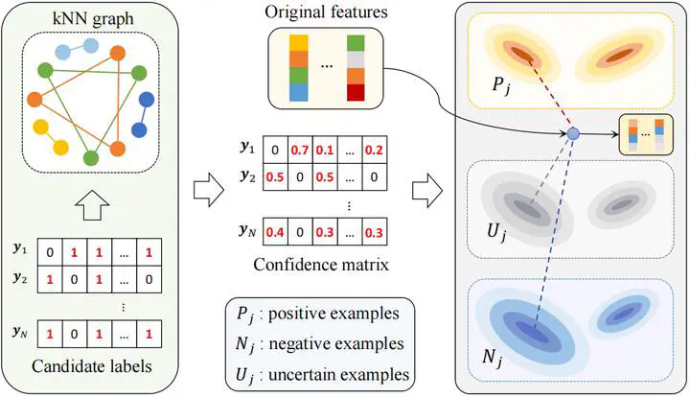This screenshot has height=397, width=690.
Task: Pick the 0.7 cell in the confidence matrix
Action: click(x=300, y=150)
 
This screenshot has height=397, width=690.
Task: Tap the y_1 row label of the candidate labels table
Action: click(x=20, y=251)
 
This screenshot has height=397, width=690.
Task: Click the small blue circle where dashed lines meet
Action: click(x=571, y=134)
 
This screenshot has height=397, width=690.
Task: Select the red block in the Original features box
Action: click(x=357, y=92)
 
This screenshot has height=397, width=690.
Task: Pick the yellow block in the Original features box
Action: click(x=272, y=42)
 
